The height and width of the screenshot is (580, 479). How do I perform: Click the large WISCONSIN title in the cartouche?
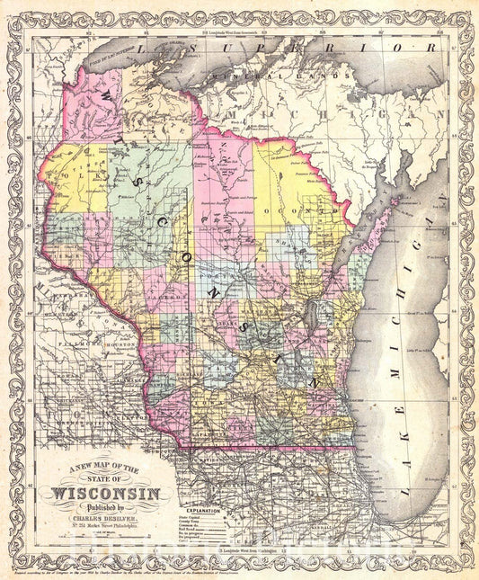coord(109,492)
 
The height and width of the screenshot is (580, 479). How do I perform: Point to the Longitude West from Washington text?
coord(239,548)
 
